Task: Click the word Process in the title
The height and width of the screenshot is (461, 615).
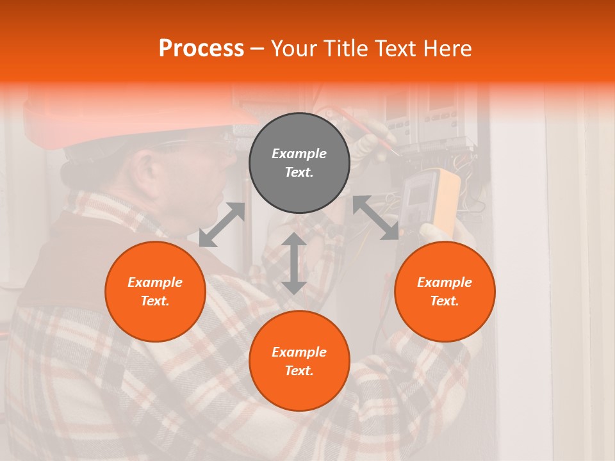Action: [201, 49]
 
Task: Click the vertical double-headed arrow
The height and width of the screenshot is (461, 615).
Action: [294, 263]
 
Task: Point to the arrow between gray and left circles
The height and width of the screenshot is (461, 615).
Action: [222, 225]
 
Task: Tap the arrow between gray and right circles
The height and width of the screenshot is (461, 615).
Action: [375, 218]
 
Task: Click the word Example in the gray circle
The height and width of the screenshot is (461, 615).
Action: [299, 154]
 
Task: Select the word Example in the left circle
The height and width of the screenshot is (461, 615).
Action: [155, 282]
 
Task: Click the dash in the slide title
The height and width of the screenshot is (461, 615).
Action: [257, 49]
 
